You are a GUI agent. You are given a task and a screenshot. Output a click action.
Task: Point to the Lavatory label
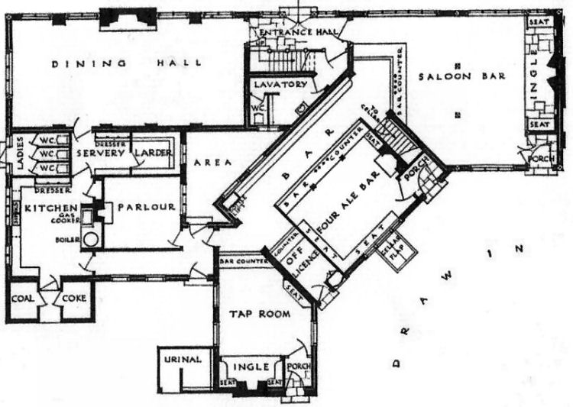coord(280,85)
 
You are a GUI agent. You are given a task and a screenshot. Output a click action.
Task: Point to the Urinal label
coord(181,359)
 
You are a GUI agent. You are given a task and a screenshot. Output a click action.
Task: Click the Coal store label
coord(22,299)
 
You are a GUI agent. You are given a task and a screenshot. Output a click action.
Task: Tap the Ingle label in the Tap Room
coord(252,367)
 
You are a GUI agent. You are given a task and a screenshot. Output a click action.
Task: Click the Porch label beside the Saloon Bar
coord(540,159)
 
